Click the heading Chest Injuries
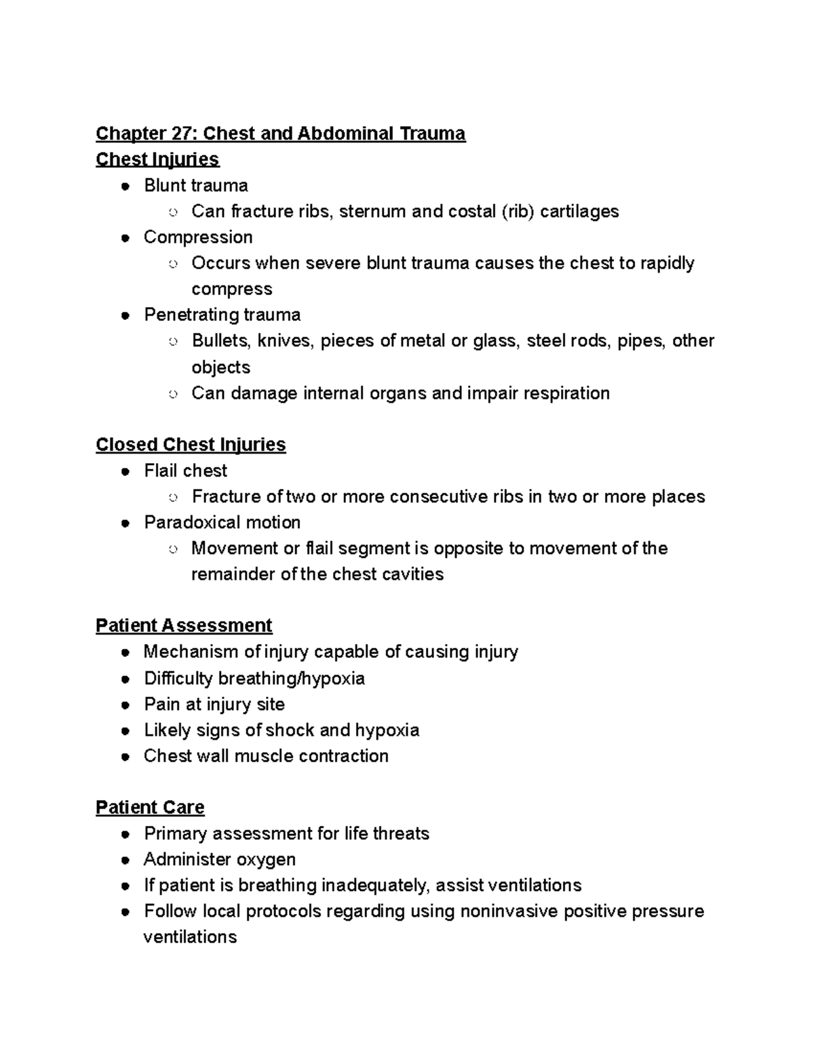(x=157, y=159)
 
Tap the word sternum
(x=372, y=212)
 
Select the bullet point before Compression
(x=125, y=238)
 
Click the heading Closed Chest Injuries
(x=191, y=445)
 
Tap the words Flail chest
(x=185, y=471)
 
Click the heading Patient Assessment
(x=184, y=625)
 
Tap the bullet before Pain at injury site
(x=125, y=705)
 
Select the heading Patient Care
(x=150, y=808)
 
